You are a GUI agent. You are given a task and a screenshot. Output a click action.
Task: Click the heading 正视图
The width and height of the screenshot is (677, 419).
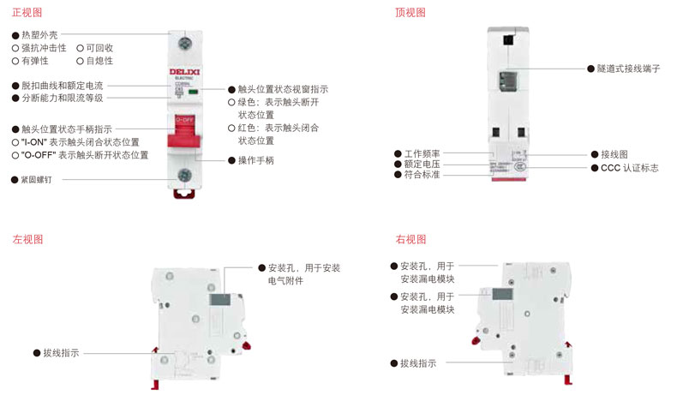26,12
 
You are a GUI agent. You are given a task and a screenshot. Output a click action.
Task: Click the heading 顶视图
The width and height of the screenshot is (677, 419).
410,12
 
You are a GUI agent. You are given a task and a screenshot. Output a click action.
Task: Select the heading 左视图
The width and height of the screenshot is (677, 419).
26,239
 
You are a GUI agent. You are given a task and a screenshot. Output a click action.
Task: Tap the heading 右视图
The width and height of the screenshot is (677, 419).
410,239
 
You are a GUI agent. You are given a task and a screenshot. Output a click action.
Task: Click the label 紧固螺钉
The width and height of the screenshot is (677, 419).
37,180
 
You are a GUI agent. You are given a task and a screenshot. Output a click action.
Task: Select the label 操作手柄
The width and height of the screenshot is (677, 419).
255,160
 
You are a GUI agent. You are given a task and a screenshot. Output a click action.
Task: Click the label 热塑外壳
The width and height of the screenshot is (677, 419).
39,35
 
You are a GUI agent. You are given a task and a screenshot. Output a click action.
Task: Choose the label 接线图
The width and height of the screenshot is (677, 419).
609,154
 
